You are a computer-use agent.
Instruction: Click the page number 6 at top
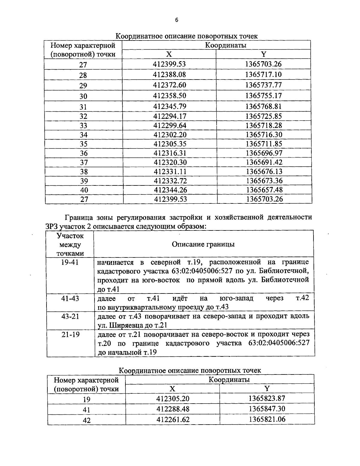pos(176,20)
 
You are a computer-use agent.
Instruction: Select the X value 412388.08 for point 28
pos(169,74)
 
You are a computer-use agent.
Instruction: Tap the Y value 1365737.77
pos(263,85)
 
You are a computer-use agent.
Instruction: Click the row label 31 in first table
pos(83,107)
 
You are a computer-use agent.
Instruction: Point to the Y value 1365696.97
pos(264,153)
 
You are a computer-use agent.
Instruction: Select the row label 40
pos(84,190)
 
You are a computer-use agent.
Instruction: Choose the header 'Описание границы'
pos(203,244)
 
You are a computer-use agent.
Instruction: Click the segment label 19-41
pos(70,263)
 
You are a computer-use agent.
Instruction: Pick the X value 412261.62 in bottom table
pos(173,419)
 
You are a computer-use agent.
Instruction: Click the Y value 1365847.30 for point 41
pos(267,409)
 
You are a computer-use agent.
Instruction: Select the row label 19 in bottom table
pos(86,399)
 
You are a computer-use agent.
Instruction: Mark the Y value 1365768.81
pos(264,107)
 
